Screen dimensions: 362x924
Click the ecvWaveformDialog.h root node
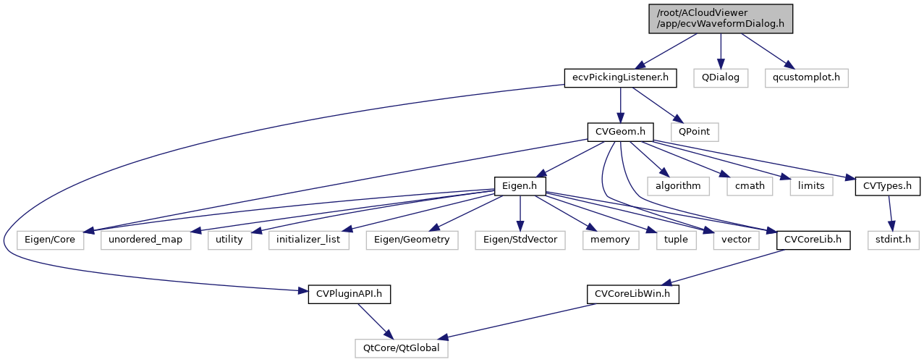[720, 18]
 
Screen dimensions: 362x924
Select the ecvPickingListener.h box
[620, 77]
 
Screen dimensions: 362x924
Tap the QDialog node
[719, 77]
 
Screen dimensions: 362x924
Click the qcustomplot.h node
[806, 77]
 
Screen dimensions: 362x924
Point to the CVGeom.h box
[620, 132]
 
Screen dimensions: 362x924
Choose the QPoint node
[695, 132]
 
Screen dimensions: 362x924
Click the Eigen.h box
[519, 185]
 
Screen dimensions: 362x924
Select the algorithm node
[678, 185]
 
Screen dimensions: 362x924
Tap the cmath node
[750, 185]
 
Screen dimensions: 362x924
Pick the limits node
[811, 185]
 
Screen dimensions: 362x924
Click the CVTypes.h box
[887, 185]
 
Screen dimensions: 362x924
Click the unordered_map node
[146, 239]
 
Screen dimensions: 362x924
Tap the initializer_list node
[308, 239]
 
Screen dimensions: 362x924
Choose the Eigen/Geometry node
[412, 239]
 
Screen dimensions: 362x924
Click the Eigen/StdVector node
[520, 239]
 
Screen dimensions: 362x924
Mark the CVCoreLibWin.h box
[632, 294]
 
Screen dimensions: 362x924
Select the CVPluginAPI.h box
[349, 294]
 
